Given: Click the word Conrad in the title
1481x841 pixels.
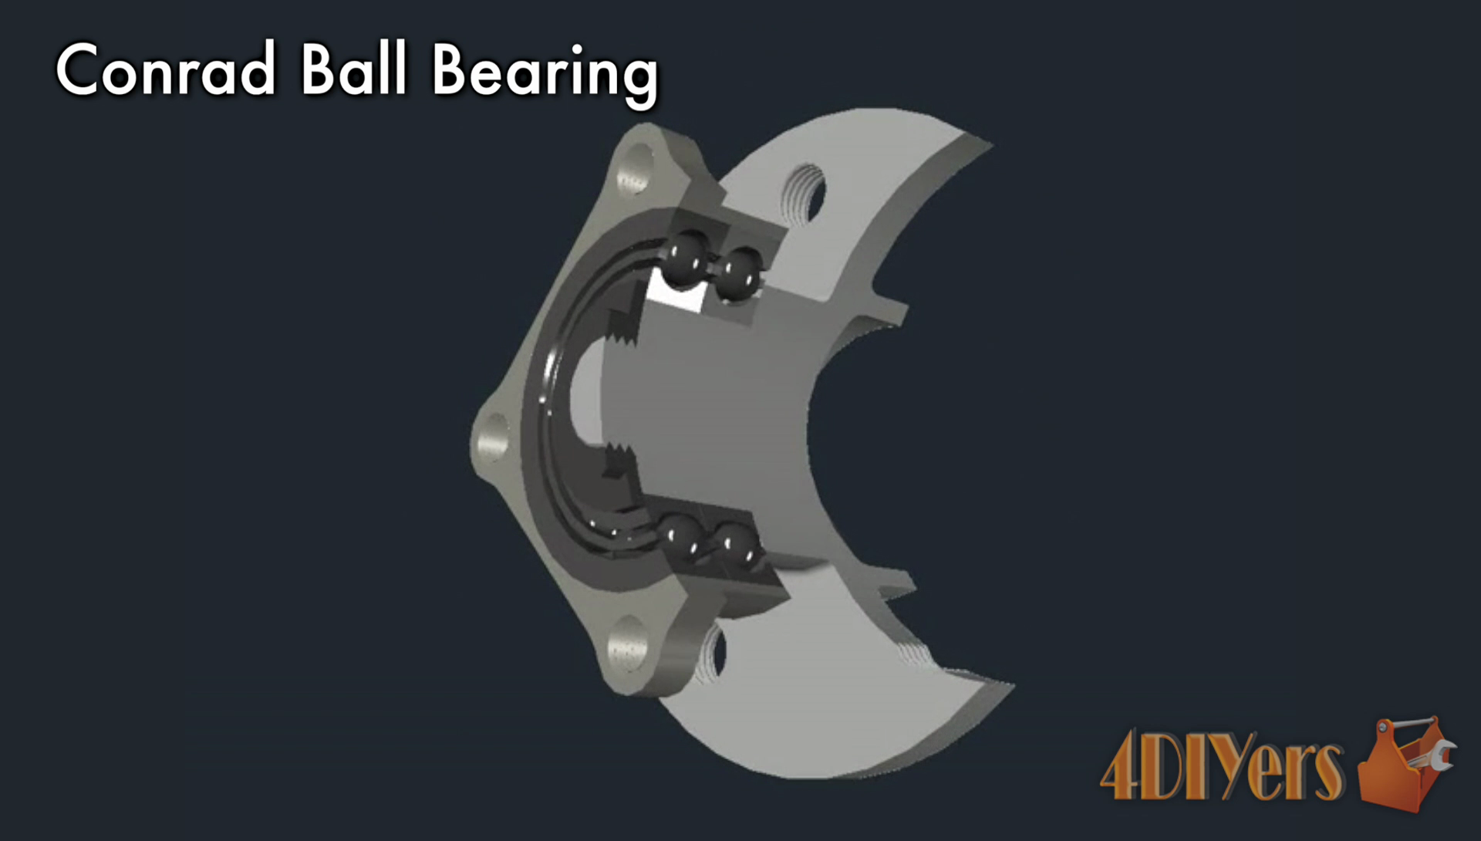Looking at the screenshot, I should click(x=165, y=70).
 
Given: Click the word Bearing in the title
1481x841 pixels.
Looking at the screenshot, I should click(x=545, y=74).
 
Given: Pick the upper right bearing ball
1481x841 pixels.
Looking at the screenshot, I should click(x=738, y=271).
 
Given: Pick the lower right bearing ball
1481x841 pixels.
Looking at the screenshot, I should click(x=734, y=544).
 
